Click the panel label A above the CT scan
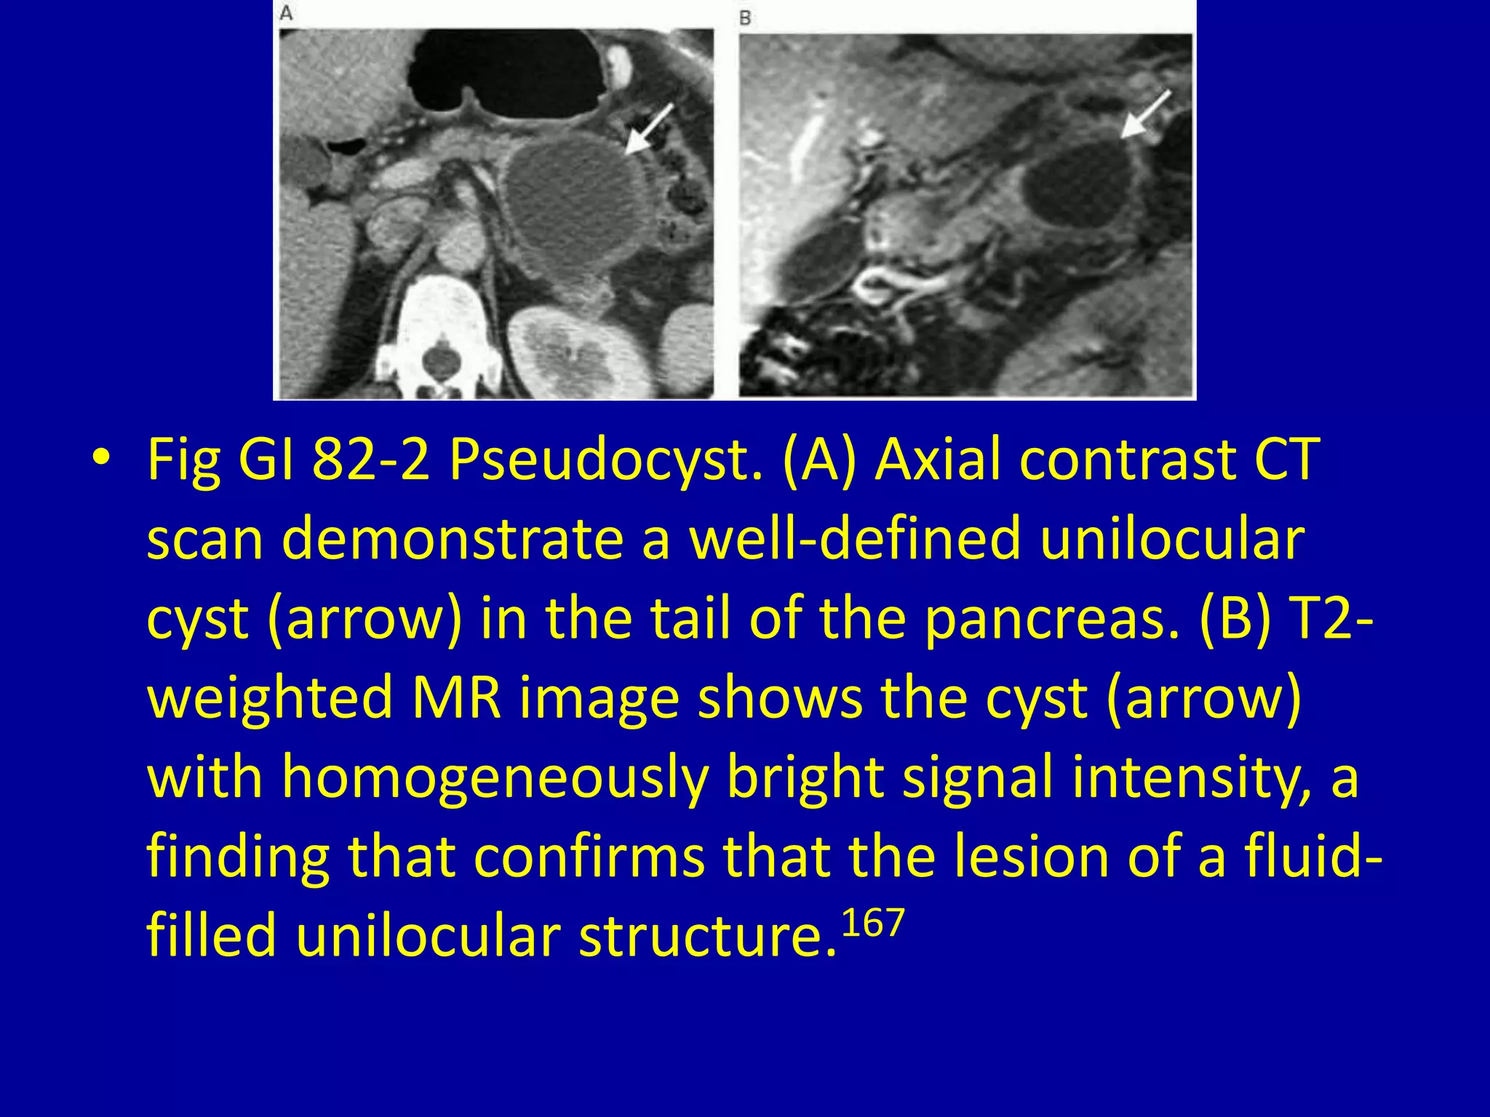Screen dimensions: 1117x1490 pos(287,14)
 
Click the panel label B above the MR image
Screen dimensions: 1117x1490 pos(745,17)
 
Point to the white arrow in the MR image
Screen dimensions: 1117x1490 pos(1145,114)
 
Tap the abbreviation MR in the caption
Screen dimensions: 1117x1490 pos(456,698)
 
